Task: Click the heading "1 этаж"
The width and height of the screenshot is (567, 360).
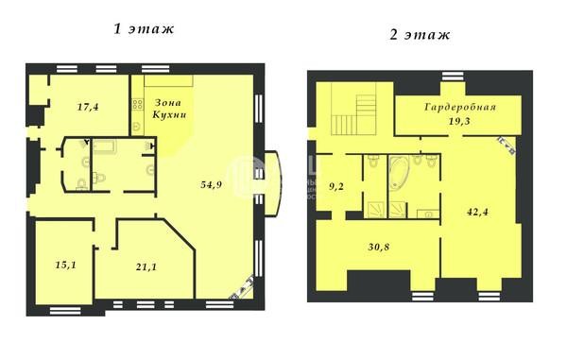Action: pos(144,29)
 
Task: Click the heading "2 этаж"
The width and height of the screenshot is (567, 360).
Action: pos(420,35)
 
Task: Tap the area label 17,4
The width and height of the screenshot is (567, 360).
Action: pos(88,107)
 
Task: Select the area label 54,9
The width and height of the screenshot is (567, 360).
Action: pos(211,184)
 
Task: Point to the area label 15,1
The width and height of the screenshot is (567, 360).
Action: pos(66,265)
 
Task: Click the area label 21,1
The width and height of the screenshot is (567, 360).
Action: pos(146,267)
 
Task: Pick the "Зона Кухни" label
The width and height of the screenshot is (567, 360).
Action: pos(169,109)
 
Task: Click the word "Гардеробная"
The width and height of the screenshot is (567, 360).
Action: pos(460,108)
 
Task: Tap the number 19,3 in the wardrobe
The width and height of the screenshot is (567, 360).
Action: pos(459,121)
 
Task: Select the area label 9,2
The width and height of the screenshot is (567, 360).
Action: pos(335,187)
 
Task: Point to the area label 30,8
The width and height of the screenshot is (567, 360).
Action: pos(379,248)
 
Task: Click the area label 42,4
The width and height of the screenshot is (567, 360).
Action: pos(477,212)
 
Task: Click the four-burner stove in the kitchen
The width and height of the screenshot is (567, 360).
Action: pos(137,105)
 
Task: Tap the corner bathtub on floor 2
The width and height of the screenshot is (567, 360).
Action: pos(399,172)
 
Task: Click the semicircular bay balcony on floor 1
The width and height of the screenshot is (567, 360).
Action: pos(273,183)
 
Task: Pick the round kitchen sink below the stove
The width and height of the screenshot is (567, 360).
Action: pos(137,127)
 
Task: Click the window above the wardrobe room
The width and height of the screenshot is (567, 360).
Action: pos(453,77)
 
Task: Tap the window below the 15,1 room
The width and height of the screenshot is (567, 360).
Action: pos(65,311)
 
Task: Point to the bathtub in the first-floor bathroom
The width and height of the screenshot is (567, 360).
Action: pos(104,146)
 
